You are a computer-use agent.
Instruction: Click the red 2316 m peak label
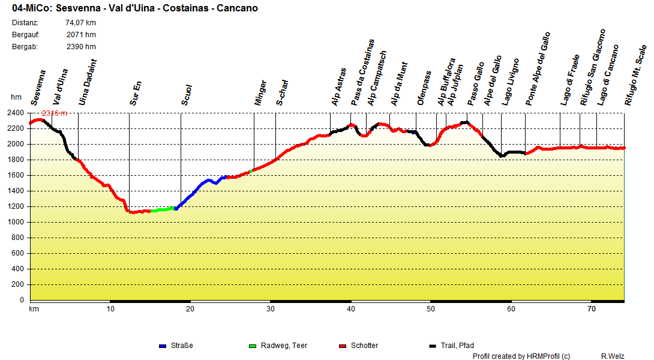[x=54, y=113]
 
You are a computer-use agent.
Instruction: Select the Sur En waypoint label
[x=136, y=94]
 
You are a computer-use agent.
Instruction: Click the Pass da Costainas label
[x=363, y=73]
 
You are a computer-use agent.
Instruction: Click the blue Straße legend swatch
[x=162, y=346]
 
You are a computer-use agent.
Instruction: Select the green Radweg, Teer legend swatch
[x=252, y=346]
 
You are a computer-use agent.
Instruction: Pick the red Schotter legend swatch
[x=343, y=346]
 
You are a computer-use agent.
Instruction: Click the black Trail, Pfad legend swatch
[x=433, y=346]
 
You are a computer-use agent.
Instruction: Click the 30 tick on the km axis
[x=271, y=309]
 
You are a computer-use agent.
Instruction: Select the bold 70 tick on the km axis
[x=592, y=309]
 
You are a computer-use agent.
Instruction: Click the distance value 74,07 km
[x=80, y=23]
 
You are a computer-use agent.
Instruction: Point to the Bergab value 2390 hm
[x=81, y=47]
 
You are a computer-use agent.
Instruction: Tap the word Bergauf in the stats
[x=25, y=35]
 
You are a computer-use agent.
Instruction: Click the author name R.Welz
[x=613, y=356]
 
